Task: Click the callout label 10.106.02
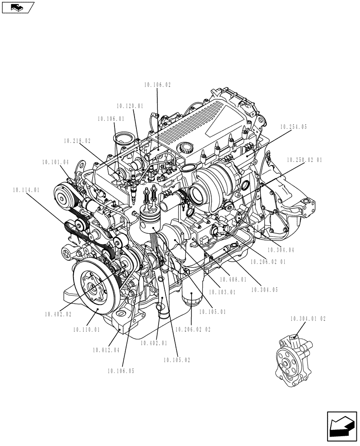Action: click(157, 85)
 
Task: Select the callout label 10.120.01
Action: click(130, 106)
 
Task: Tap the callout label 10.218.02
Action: click(77, 140)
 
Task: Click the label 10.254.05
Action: click(294, 127)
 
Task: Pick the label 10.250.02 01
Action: click(304, 159)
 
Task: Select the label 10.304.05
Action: click(264, 290)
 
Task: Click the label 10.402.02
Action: click(58, 314)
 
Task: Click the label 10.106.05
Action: click(120, 371)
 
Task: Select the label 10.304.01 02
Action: click(308, 319)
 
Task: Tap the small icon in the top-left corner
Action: click(17, 7)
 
